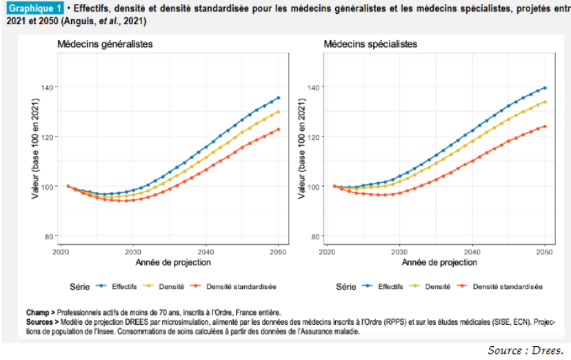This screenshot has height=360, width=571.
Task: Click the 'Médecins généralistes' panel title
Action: (105, 44)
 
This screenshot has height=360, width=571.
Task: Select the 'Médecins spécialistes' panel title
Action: (370, 44)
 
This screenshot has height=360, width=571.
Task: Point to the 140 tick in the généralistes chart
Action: (48, 87)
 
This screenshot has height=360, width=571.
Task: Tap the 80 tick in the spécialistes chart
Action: (316, 237)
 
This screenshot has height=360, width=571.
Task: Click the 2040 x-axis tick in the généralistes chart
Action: (206, 251)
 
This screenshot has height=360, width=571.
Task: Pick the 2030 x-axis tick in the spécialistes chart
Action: (399, 251)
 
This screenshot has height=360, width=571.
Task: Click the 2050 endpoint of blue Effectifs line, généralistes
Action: (279, 97)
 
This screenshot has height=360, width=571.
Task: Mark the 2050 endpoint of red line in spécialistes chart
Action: (545, 126)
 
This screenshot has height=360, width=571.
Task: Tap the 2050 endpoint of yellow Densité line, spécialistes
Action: (545, 102)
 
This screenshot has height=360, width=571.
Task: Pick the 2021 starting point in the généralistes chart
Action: (68, 186)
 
